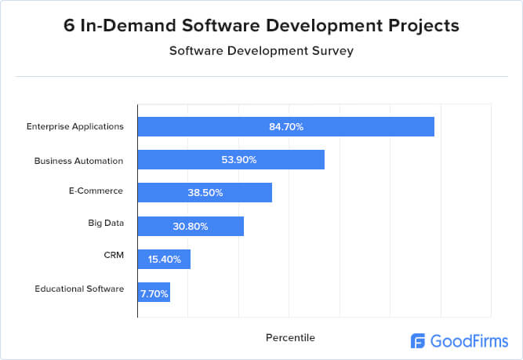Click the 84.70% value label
(286, 127)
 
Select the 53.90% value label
(238, 160)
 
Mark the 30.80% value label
(191, 226)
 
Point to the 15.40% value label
(164, 259)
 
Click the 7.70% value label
(154, 292)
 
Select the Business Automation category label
(79, 160)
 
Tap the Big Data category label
(106, 223)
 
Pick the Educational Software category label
(79, 289)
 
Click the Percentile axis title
(290, 337)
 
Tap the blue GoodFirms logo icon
(419, 340)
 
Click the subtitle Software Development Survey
(262, 51)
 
